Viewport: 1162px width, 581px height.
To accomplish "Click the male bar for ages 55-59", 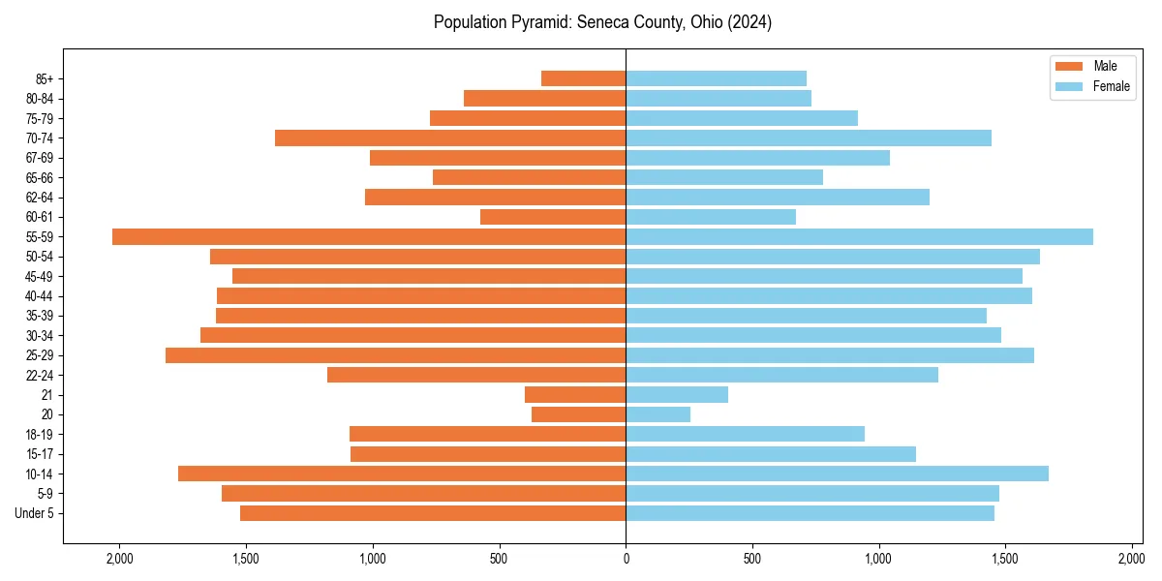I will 369,236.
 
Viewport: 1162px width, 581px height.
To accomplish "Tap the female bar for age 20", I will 658,414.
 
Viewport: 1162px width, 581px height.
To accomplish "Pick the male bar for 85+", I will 583,78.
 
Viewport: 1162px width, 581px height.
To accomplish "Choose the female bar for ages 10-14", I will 837,474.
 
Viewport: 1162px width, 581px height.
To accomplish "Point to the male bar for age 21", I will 575,395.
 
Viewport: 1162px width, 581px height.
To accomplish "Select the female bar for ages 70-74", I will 809,138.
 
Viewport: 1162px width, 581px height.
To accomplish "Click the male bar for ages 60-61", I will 553,217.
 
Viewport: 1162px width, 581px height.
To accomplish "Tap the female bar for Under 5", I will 810,513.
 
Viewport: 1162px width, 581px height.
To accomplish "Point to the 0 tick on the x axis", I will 626,559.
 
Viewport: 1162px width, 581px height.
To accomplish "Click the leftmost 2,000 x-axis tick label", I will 119,559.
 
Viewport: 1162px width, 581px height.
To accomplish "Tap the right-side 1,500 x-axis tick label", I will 1005,559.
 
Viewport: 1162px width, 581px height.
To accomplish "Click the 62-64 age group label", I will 40,198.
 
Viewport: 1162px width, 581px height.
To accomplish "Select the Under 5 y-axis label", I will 35,513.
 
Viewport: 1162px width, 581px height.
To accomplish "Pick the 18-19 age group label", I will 40,435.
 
